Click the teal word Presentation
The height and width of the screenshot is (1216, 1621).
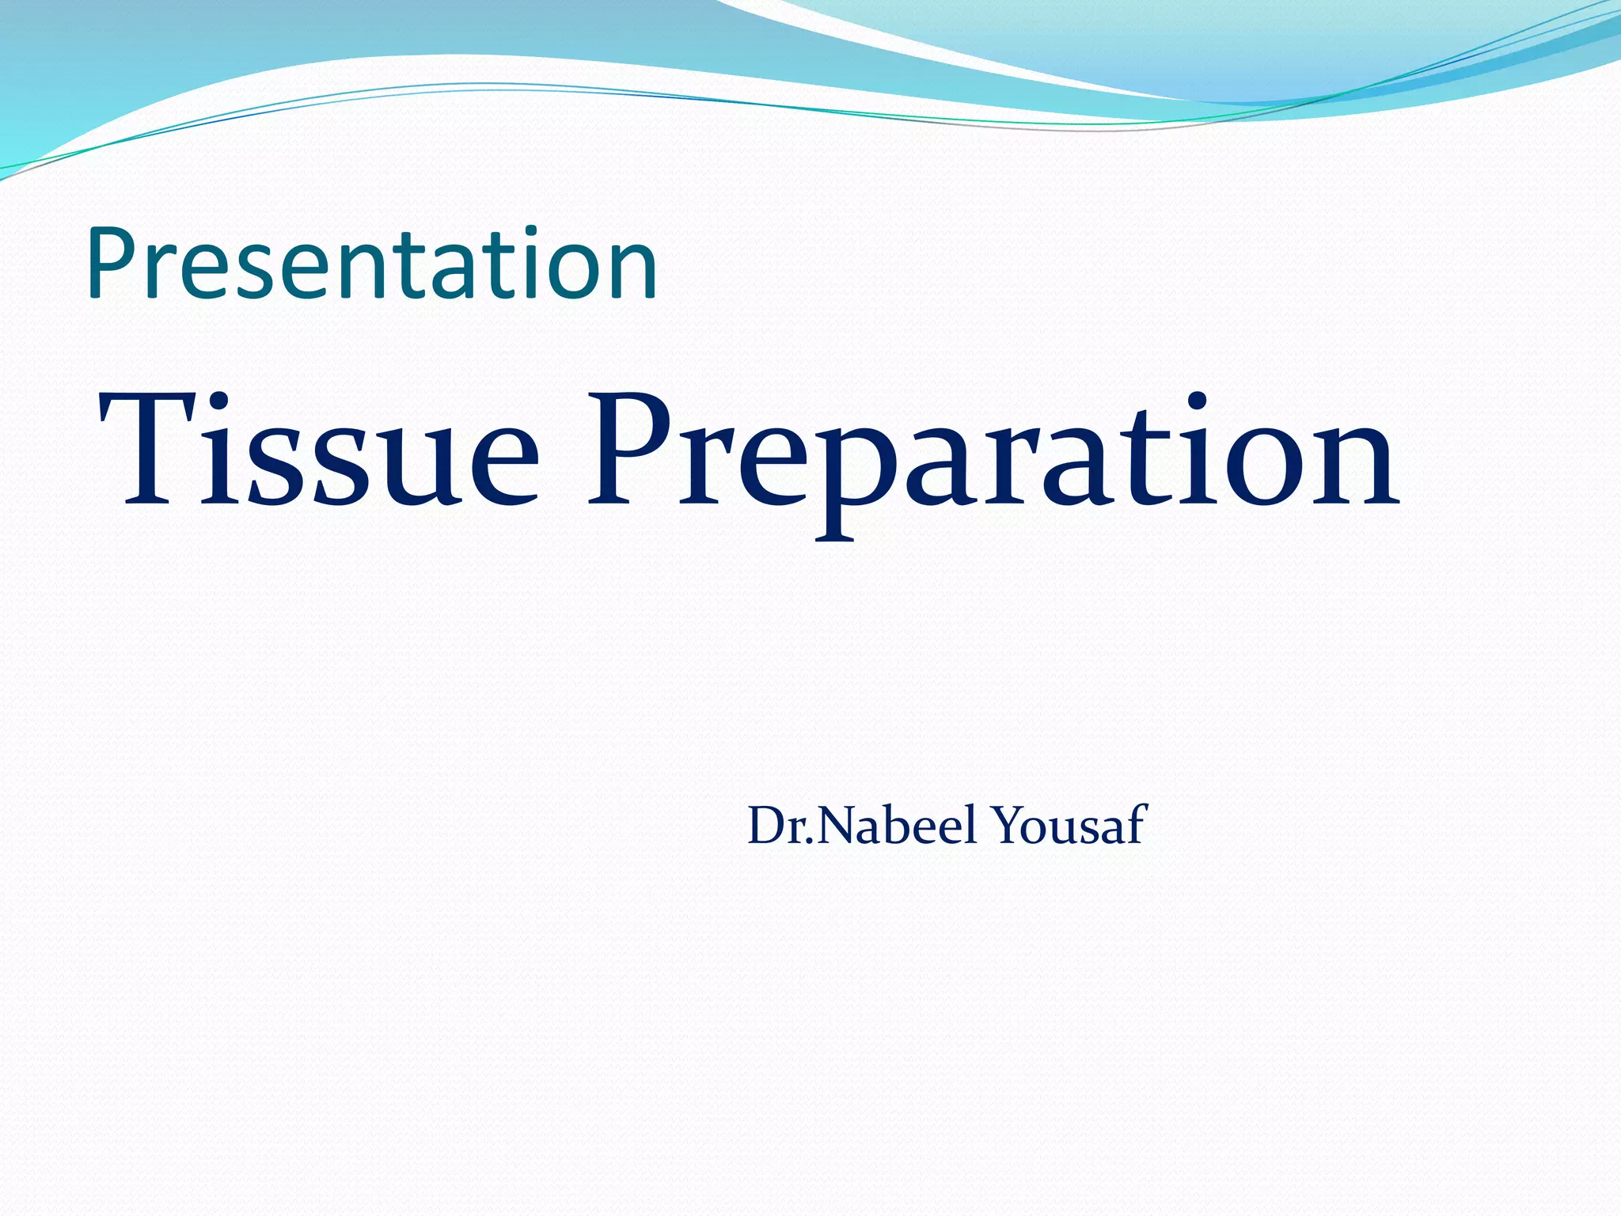click(372, 264)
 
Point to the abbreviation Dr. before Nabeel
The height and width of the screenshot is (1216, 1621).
click(780, 825)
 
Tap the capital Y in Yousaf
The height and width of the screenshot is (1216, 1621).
click(1013, 825)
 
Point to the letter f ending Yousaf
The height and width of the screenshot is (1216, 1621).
click(1137, 823)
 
